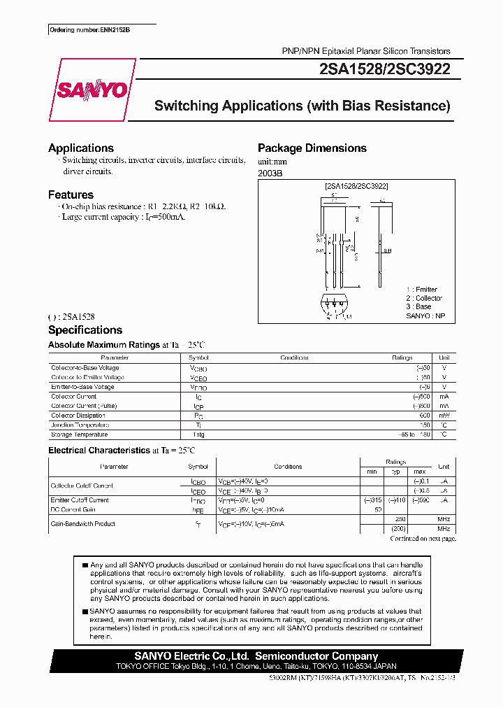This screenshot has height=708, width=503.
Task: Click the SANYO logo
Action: click(92, 90)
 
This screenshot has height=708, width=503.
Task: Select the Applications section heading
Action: click(81, 148)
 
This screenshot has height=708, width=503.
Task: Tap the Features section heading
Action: click(71, 194)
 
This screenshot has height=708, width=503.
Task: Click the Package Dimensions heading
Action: click(312, 148)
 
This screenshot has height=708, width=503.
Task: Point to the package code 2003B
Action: click(270, 174)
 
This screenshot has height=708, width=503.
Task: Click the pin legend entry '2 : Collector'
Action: click(424, 298)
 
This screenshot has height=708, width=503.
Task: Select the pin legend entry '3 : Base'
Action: click(418, 306)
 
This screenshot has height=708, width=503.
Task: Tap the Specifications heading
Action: click(85, 330)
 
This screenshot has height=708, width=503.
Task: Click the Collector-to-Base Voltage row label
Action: click(85, 368)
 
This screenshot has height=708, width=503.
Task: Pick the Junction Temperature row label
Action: click(80, 425)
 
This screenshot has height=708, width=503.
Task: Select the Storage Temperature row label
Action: click(79, 434)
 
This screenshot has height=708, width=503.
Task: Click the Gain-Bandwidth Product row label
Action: click(83, 524)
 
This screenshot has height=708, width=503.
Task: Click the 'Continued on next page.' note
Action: click(423, 539)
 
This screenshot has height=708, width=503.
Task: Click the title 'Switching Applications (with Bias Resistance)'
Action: click(302, 106)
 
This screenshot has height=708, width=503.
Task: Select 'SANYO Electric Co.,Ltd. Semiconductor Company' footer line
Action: click(256, 656)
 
